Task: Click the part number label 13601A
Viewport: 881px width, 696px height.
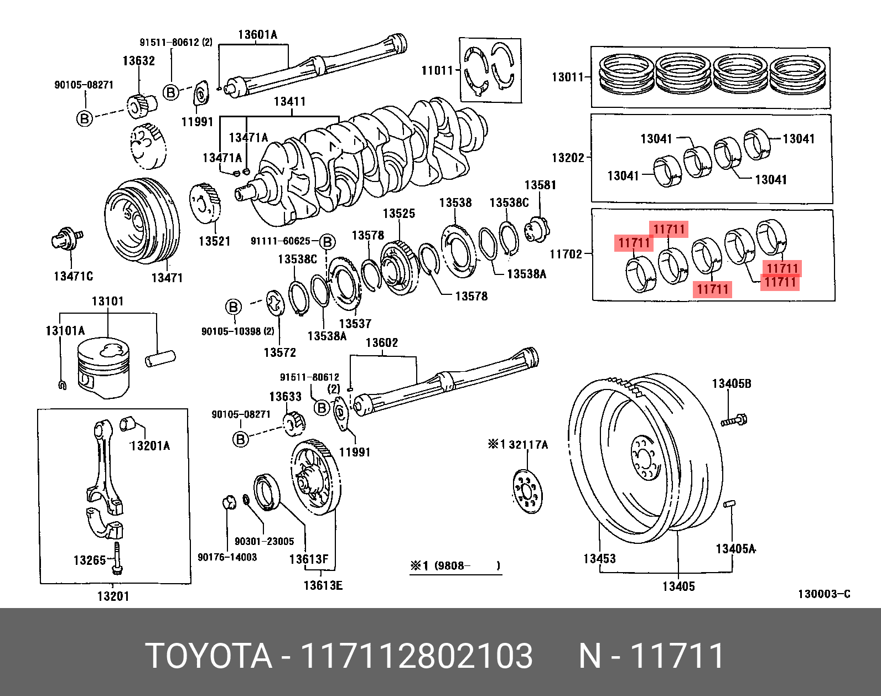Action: pyautogui.click(x=257, y=35)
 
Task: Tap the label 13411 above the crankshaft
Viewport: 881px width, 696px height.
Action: pyautogui.click(x=289, y=102)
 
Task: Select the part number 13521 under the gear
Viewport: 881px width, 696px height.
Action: pyautogui.click(x=214, y=241)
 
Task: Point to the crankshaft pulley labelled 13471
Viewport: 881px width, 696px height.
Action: pyautogui.click(x=141, y=221)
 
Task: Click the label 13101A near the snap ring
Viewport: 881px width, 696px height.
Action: pyautogui.click(x=65, y=331)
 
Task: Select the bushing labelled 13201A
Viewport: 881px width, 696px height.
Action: pyautogui.click(x=128, y=423)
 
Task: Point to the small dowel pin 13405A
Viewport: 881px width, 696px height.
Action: pyautogui.click(x=729, y=503)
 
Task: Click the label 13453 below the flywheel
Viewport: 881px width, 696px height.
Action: pyautogui.click(x=599, y=559)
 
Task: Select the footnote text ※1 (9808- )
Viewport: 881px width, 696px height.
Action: pyautogui.click(x=455, y=566)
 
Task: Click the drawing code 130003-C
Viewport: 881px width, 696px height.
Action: pyautogui.click(x=823, y=594)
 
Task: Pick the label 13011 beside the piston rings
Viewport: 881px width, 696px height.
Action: pyautogui.click(x=568, y=77)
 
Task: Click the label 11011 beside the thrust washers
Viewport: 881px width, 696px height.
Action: pyautogui.click(x=437, y=71)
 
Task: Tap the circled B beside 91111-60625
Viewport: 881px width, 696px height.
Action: pyautogui.click(x=327, y=242)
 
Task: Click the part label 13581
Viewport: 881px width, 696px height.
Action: pyautogui.click(x=540, y=185)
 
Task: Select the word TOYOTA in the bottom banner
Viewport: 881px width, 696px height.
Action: pyautogui.click(x=209, y=656)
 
